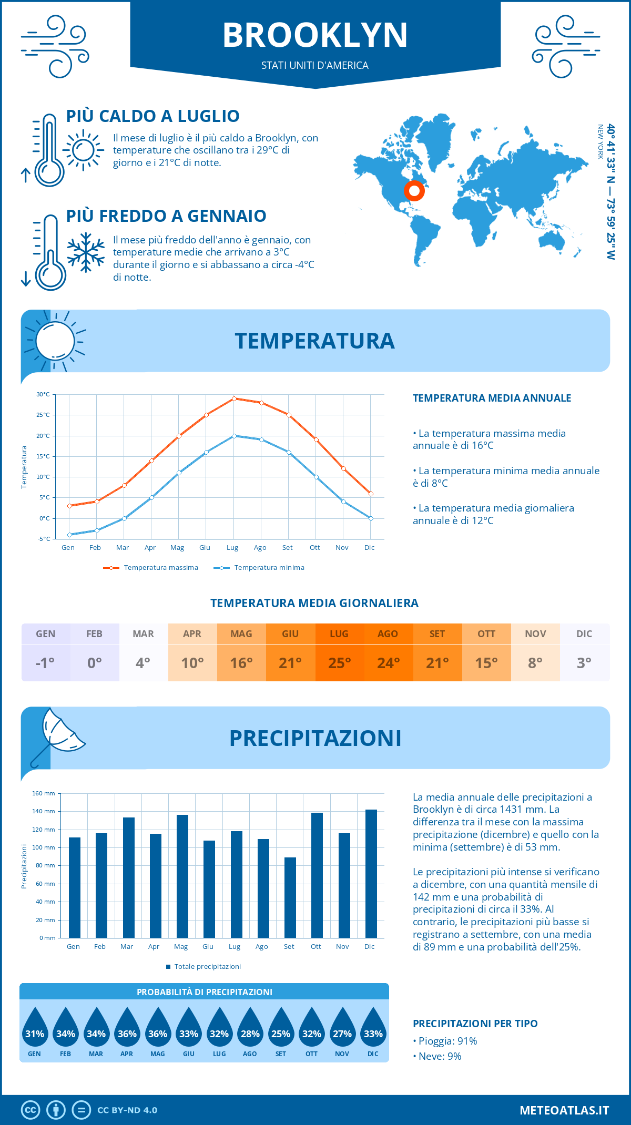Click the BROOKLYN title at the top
point(315,36)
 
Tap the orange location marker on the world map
point(414,191)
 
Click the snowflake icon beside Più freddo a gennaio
point(86,252)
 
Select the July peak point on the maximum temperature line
point(234,398)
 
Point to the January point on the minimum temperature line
point(69,535)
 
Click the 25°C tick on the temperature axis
point(43,415)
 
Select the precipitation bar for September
point(290,897)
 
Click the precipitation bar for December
point(371,874)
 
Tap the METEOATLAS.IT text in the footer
point(564,1110)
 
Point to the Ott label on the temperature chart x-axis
point(314,548)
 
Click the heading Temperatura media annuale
point(492,398)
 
